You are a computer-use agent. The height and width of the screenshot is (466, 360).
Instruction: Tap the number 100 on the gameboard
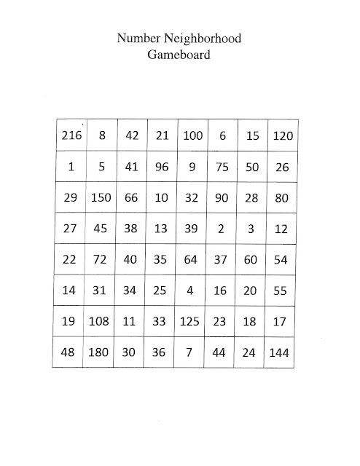[x=192, y=135]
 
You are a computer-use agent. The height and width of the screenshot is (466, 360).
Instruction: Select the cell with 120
[x=282, y=135]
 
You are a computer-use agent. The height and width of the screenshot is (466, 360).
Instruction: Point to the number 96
[x=162, y=167]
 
